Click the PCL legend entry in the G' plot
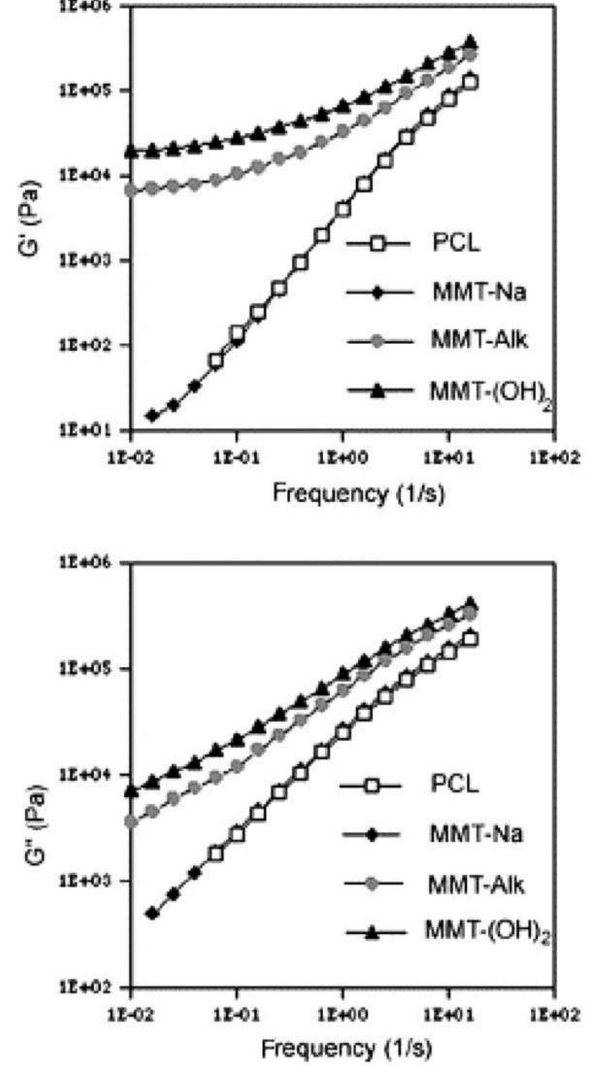pos(456,244)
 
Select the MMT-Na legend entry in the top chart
pos(478,292)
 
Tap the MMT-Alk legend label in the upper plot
pos(479,340)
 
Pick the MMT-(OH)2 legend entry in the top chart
pos(491,391)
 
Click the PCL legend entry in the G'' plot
pos(455,785)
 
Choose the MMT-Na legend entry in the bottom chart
pos(476,834)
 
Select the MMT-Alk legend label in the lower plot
pos(476,884)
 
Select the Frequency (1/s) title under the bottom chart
pos(347,1047)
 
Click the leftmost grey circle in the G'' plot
pos(132,822)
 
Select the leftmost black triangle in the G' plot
pos(132,151)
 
